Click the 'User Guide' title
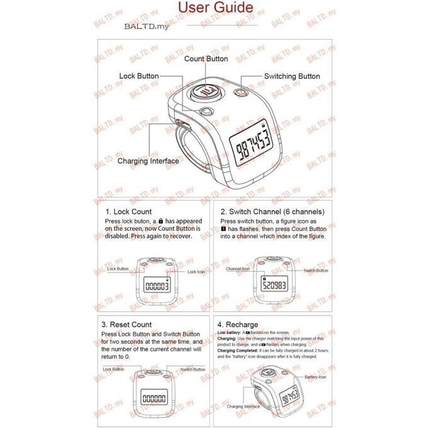216,8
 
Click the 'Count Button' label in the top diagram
206,58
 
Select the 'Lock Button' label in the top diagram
138,76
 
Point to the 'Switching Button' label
291,76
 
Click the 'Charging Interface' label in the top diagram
148,161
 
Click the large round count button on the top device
206,91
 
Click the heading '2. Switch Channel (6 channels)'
272,212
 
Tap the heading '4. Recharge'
237,325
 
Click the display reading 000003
156,286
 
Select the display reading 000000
155,398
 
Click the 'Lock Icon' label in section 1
196,272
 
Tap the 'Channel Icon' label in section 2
238,269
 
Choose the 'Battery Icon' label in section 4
315,376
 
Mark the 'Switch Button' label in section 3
193,369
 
